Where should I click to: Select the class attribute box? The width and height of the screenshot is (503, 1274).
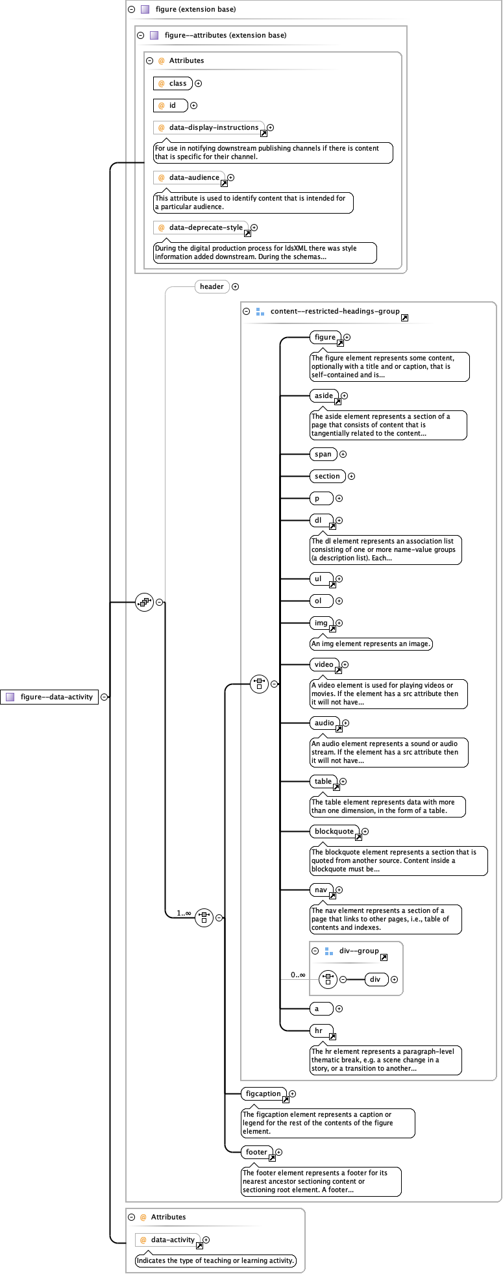coord(173,83)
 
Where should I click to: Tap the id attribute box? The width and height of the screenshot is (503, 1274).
coord(171,105)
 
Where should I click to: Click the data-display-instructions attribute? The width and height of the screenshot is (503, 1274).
coord(209,127)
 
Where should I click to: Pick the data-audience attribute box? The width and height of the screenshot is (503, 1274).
coord(190,177)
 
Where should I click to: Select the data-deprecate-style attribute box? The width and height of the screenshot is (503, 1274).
coord(201,227)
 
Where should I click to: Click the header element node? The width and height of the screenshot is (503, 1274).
coord(212,286)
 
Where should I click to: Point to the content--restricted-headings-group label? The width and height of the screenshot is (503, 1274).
coord(334,311)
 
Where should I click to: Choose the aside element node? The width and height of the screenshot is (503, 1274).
coord(324,395)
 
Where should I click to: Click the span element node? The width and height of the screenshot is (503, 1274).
coord(323,454)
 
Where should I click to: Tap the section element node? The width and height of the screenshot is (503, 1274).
coord(327,476)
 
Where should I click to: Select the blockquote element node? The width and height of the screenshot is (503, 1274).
coord(334,831)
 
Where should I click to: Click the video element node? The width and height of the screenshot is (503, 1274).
coord(324,664)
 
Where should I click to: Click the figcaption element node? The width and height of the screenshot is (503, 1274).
coord(264,1093)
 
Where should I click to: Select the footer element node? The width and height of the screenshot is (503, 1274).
coord(256,1152)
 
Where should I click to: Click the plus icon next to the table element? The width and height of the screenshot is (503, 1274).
coord(343,781)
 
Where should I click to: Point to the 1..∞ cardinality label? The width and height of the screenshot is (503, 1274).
coord(184,913)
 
